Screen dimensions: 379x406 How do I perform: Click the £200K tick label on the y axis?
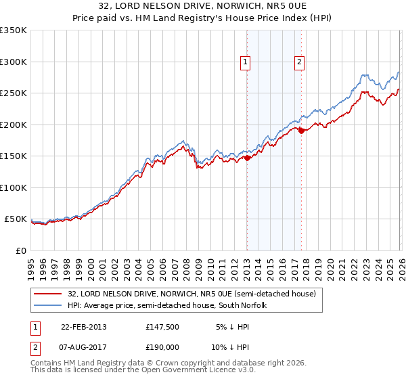pos(14,125)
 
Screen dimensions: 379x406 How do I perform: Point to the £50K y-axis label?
pos(16,219)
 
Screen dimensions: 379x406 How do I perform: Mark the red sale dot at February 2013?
pos(247,158)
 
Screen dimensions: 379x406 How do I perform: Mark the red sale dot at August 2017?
pos(301,131)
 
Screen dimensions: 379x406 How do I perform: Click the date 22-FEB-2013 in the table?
pos(83,327)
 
